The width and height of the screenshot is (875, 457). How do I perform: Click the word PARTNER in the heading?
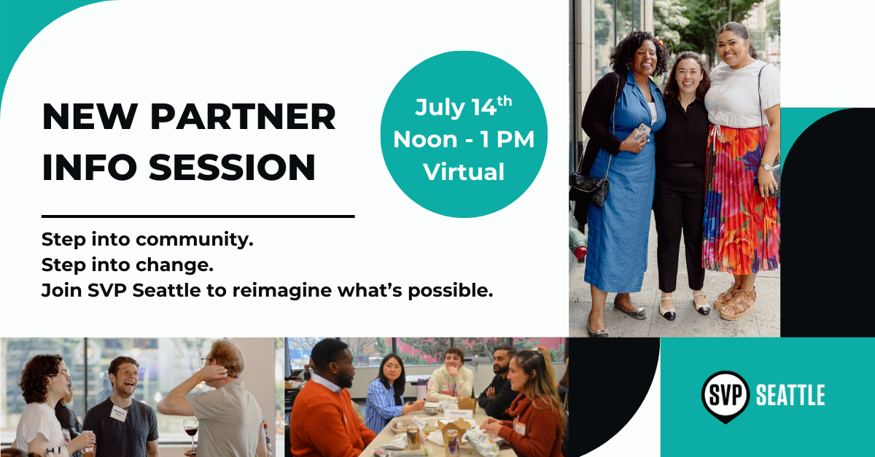(x=243, y=117)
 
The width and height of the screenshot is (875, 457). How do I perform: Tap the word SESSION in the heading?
(x=232, y=167)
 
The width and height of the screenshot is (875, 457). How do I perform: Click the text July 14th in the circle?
(x=463, y=106)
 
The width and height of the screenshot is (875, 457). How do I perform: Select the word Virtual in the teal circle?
(x=464, y=172)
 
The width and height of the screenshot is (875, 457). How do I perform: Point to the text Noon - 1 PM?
(x=464, y=139)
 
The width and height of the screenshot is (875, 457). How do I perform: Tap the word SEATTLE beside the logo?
(x=790, y=395)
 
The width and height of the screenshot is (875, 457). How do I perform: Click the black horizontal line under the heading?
(x=198, y=216)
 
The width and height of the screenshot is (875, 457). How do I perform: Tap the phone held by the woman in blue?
(x=642, y=133)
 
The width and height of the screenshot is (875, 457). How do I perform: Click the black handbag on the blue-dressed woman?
(x=588, y=188)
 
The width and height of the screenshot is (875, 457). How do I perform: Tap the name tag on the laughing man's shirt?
(x=118, y=413)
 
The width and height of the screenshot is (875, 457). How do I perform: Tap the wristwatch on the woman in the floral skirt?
(x=766, y=166)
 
